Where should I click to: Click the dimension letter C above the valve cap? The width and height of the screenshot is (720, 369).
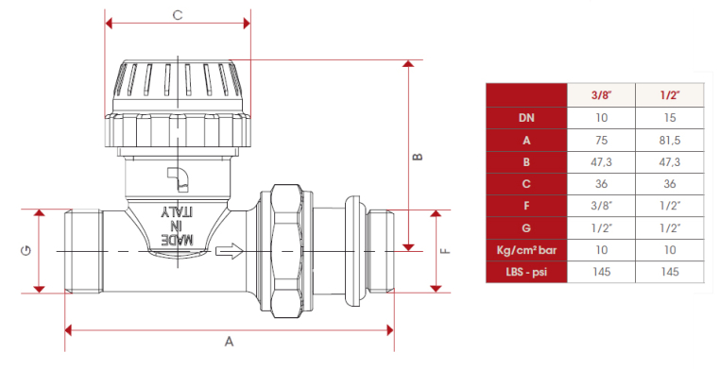point(178,15)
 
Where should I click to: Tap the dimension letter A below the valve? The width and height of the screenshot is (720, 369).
point(229,342)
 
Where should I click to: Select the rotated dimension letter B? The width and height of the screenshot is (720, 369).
point(418,157)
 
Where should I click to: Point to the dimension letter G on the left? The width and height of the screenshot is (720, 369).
point(26,250)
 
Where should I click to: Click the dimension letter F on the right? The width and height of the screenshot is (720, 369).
point(445,251)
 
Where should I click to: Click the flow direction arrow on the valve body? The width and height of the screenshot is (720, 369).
point(229,250)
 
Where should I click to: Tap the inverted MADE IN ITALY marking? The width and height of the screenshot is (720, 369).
point(178,226)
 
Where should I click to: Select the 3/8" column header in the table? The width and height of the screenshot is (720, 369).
point(602,95)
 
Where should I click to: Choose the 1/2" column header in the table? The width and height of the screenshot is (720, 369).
point(670,95)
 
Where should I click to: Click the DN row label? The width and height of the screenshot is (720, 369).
point(526,118)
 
